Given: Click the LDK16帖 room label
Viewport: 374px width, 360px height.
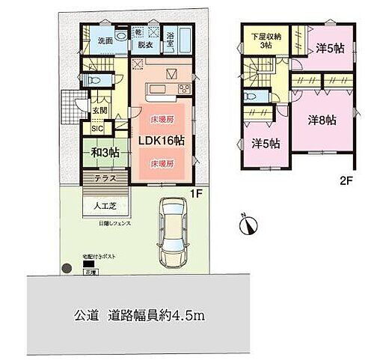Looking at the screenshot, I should pyautogui.click(x=160, y=139).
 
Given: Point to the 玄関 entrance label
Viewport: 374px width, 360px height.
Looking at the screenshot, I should pyautogui.click(x=99, y=112).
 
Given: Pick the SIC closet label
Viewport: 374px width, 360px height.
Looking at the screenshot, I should pyautogui.click(x=97, y=128).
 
